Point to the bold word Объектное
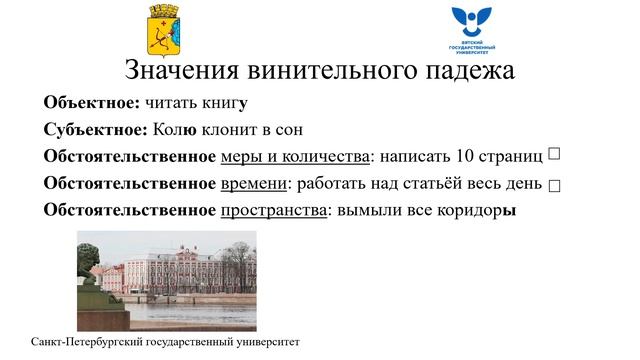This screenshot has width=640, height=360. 92,102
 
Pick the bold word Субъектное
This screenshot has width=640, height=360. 96,130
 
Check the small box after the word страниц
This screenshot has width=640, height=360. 554,154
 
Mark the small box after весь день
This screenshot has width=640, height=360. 554,186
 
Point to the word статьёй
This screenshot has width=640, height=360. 431,184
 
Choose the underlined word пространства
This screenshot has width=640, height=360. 273,211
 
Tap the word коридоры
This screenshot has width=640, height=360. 475,211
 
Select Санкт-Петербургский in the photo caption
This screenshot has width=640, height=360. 94,342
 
